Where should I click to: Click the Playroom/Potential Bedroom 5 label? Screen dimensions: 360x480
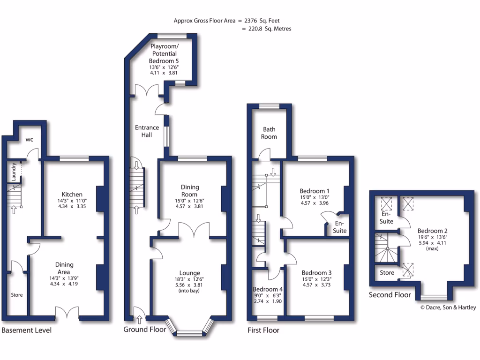point(164,53)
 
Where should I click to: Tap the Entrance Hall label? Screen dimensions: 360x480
point(147,131)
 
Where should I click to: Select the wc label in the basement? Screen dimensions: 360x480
point(29,140)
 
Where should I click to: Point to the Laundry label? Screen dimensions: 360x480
point(15,172)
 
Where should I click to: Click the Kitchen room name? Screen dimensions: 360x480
point(72,195)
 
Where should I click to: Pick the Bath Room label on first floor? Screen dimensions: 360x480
point(269,133)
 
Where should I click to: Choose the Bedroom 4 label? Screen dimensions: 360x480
point(268,289)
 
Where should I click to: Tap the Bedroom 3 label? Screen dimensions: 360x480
point(317,273)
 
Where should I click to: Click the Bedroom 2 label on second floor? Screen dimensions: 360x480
point(433,231)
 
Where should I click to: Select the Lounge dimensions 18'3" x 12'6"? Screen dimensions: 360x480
point(190,279)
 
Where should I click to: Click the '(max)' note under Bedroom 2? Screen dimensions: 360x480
point(433,248)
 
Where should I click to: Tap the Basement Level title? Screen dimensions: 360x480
point(27,330)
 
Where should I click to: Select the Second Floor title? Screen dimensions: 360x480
point(390,295)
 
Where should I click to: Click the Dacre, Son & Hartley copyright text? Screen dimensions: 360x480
point(448,307)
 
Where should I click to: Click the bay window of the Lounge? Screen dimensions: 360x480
point(190,332)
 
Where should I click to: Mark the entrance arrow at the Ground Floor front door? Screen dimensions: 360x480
point(139,320)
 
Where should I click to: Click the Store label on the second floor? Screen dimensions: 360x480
point(387,272)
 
